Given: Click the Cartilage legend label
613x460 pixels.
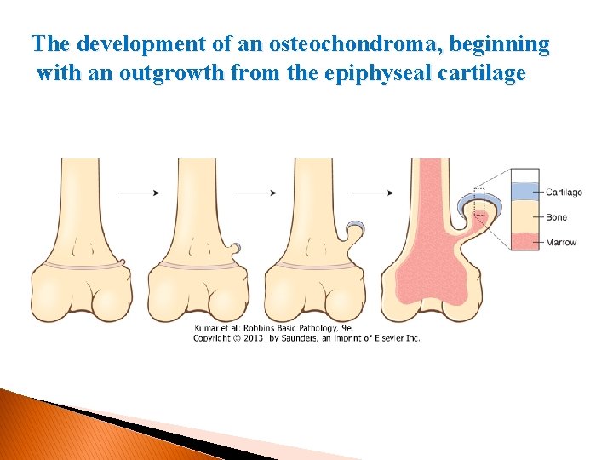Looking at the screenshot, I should click(564, 193).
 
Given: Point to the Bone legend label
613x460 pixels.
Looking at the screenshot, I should click(556, 217).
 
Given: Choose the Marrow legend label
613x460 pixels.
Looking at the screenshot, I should click(561, 242).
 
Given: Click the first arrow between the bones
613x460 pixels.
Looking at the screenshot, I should click(139, 193).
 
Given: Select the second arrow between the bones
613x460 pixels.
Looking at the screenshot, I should click(255, 193).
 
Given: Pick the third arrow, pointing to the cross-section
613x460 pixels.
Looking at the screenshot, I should click(373, 193).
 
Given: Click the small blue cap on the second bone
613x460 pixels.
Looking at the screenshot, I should click(237, 247).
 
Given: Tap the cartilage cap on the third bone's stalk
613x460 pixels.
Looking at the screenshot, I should click(356, 227).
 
